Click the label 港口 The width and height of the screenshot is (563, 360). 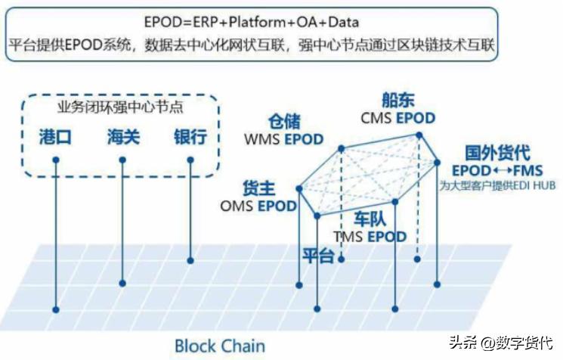(57, 138)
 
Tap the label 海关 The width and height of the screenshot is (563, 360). (123, 138)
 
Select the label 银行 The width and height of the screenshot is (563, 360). (190, 138)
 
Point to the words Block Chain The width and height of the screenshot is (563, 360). (220, 346)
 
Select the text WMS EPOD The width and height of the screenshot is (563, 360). (283, 139)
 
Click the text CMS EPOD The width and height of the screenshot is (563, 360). (398, 118)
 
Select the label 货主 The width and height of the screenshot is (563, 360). (259, 188)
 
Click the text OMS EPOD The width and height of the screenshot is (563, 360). (258, 205)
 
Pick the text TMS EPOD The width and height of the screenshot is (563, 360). (370, 237)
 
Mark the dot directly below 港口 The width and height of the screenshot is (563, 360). (56, 160)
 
